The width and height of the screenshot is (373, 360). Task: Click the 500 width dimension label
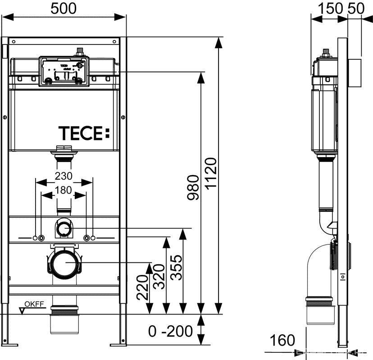(64, 9)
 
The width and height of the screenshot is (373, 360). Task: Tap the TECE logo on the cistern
(84, 133)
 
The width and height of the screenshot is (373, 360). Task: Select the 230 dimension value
(64, 176)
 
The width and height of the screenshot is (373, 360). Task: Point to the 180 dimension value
(64, 190)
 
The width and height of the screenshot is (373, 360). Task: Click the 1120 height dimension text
(211, 174)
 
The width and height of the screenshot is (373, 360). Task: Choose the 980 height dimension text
(193, 188)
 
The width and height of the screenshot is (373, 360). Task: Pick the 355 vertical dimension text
(177, 267)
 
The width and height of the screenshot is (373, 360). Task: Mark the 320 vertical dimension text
(159, 277)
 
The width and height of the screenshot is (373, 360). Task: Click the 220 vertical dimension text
(142, 287)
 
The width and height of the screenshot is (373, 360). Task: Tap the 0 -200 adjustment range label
(170, 331)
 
